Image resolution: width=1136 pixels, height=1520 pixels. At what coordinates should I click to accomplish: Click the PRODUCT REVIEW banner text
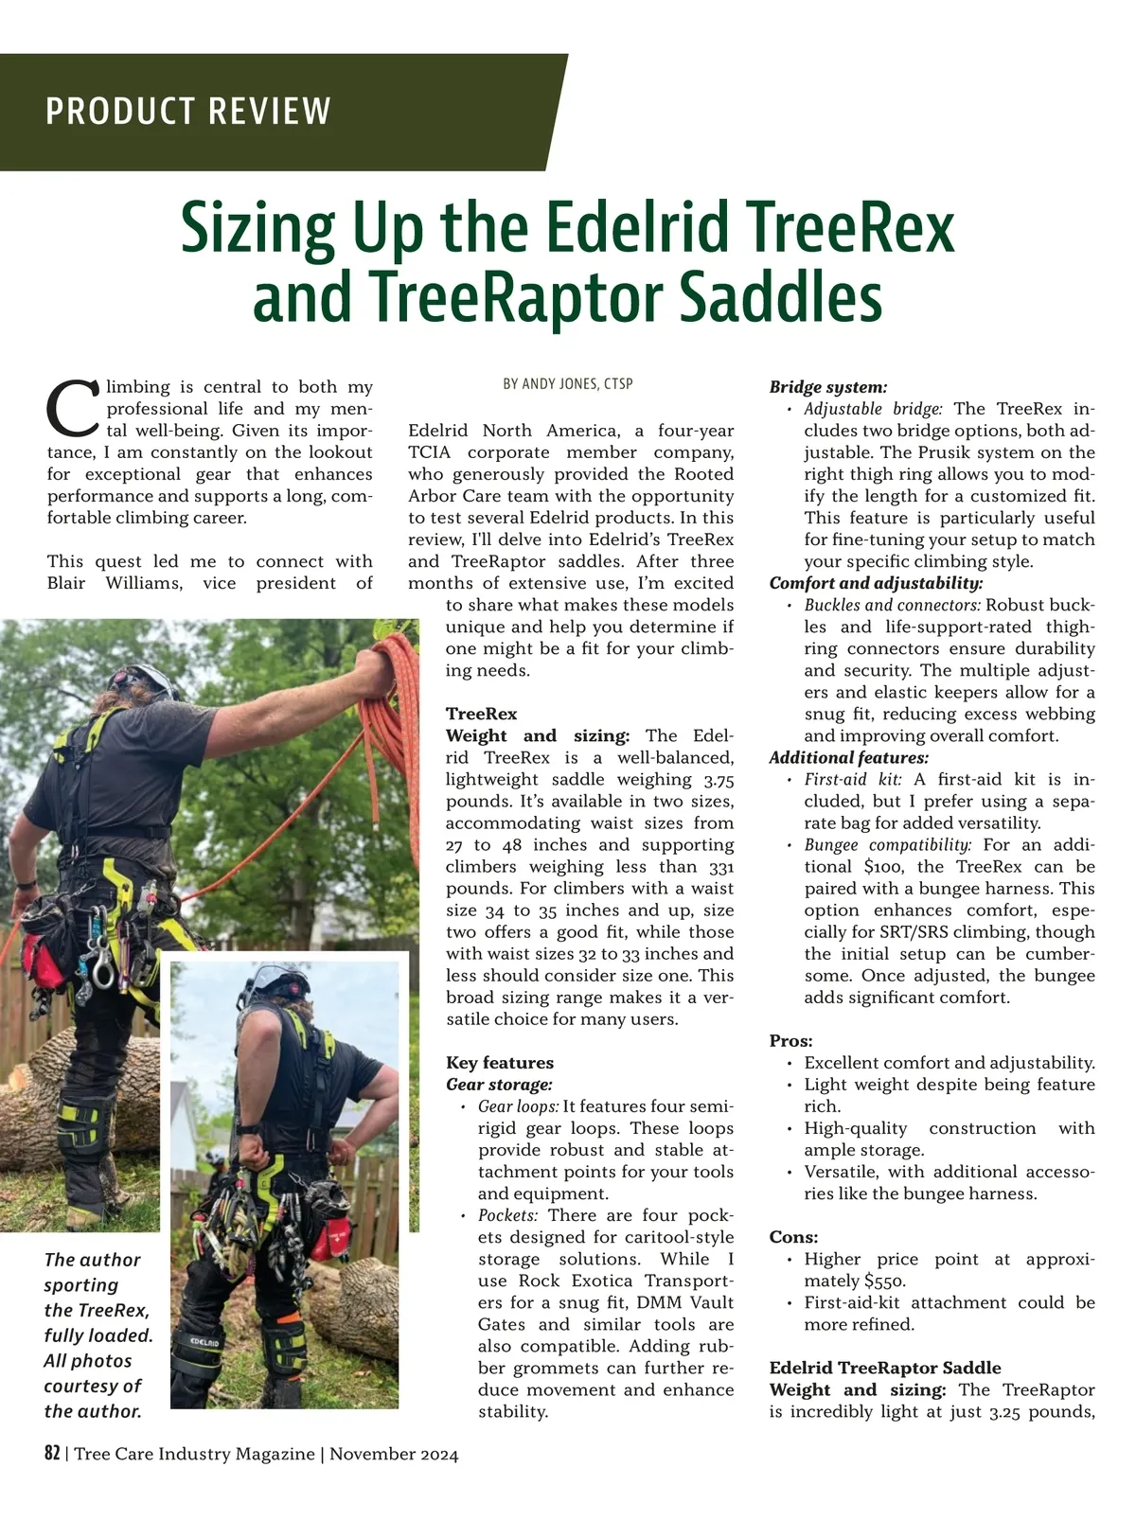point(188,112)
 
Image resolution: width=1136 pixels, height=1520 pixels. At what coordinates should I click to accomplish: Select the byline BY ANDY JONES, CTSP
point(568,384)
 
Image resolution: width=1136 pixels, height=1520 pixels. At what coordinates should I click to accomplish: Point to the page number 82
point(52,1454)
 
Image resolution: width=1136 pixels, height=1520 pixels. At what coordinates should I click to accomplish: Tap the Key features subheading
point(500,1063)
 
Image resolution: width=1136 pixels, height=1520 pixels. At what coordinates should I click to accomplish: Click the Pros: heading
point(790,1041)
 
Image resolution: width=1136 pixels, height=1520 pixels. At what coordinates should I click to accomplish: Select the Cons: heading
point(793,1237)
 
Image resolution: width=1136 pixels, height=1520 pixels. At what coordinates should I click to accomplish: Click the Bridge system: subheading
point(827,387)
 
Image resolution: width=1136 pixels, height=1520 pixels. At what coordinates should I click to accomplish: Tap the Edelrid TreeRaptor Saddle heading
point(884,1368)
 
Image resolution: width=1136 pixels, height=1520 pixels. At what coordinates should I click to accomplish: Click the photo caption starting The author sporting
point(97,1334)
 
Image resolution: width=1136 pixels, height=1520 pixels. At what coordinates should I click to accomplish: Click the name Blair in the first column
point(66,583)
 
